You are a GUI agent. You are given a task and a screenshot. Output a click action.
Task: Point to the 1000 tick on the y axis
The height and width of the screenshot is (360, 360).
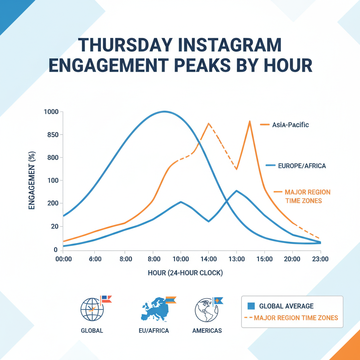[51, 112]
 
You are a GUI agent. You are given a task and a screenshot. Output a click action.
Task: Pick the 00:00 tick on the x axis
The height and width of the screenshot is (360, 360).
[63, 259]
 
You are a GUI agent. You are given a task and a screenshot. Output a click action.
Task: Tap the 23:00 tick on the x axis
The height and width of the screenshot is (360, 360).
[320, 259]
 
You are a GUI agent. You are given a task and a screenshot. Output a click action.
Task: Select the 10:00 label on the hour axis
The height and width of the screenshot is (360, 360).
[180, 259]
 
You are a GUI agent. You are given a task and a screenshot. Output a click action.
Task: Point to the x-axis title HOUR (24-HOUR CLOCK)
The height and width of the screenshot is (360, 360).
[185, 273]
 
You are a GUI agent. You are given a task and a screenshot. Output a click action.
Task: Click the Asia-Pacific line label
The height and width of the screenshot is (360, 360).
[290, 125]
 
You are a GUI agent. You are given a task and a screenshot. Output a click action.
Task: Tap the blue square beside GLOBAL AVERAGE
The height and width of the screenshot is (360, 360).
[251, 306]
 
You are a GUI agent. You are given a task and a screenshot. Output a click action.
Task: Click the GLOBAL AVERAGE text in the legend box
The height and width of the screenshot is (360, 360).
[286, 306]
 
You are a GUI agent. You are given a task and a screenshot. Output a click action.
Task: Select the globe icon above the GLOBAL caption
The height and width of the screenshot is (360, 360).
[92, 310]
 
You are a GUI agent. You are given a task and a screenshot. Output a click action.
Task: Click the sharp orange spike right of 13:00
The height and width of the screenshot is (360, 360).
[250, 121]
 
